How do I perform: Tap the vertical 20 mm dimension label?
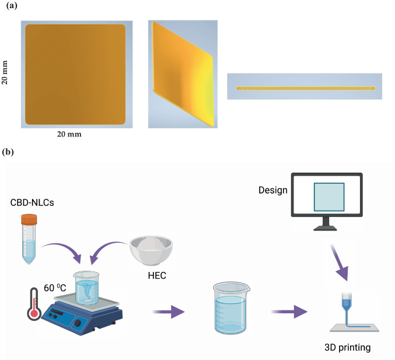(6, 74)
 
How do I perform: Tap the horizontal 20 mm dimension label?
(68, 134)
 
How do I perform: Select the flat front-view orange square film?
(75, 74)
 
